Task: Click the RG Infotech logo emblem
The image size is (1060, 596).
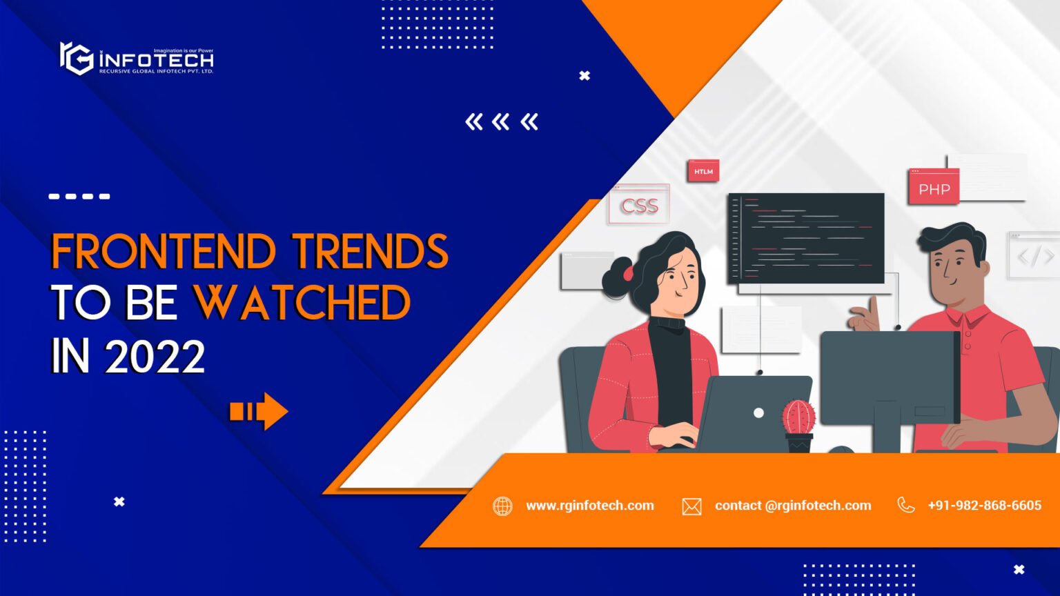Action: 76,59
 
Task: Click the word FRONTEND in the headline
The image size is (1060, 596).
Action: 163,251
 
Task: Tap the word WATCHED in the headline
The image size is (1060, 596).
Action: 302,304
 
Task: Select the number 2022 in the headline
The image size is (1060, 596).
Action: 155,357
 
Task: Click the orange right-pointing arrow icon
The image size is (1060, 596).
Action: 259,412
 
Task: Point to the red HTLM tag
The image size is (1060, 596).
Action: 703,171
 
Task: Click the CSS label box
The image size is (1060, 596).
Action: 639,206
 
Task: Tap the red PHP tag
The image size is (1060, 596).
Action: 934,188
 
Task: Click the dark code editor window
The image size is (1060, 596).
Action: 806,238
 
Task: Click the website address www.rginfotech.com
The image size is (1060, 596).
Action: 590,506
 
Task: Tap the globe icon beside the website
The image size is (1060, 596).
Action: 502,506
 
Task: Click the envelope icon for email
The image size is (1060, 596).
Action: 691,507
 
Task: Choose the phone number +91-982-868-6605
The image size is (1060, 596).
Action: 984,506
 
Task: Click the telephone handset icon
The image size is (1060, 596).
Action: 905,506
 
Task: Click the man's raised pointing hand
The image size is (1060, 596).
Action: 865,317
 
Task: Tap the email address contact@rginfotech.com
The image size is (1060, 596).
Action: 793,506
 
